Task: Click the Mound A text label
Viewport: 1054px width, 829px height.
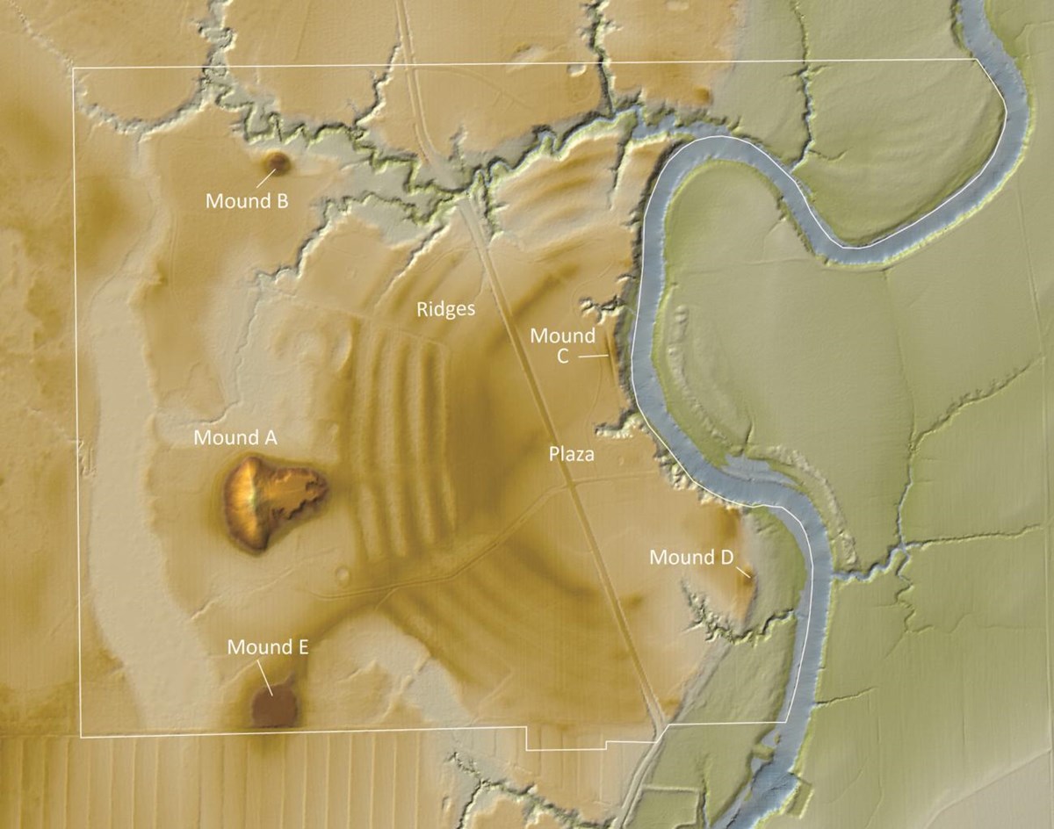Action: (x=235, y=436)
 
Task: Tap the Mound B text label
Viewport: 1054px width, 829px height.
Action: (x=247, y=201)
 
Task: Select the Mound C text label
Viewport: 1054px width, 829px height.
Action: (x=563, y=345)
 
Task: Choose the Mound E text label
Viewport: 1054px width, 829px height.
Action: (x=268, y=648)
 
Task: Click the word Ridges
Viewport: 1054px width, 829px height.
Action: (x=446, y=309)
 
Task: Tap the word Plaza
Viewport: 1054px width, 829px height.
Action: (x=572, y=454)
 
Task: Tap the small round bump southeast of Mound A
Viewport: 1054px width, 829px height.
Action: (x=343, y=575)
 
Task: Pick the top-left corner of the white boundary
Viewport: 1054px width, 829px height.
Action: (x=74, y=68)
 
